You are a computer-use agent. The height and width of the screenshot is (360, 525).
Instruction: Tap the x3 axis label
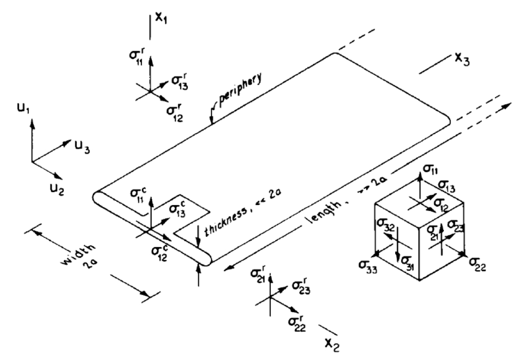click(x=462, y=60)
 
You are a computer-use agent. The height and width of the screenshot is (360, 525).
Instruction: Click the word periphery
click(x=240, y=91)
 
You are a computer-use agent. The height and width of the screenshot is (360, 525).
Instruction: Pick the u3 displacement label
click(x=82, y=148)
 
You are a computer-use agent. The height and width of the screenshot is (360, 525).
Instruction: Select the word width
click(x=79, y=255)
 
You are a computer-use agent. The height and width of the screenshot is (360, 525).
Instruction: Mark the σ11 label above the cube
click(x=430, y=170)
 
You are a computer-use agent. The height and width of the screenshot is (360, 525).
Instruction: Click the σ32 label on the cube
click(x=385, y=226)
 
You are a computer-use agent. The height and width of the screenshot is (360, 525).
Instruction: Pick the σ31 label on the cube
click(x=408, y=261)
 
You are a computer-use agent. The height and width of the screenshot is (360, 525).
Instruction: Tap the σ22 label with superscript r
click(x=297, y=324)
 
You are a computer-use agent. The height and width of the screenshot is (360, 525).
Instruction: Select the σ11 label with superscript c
click(x=138, y=196)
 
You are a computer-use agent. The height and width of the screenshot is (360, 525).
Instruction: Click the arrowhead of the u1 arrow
click(x=32, y=119)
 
